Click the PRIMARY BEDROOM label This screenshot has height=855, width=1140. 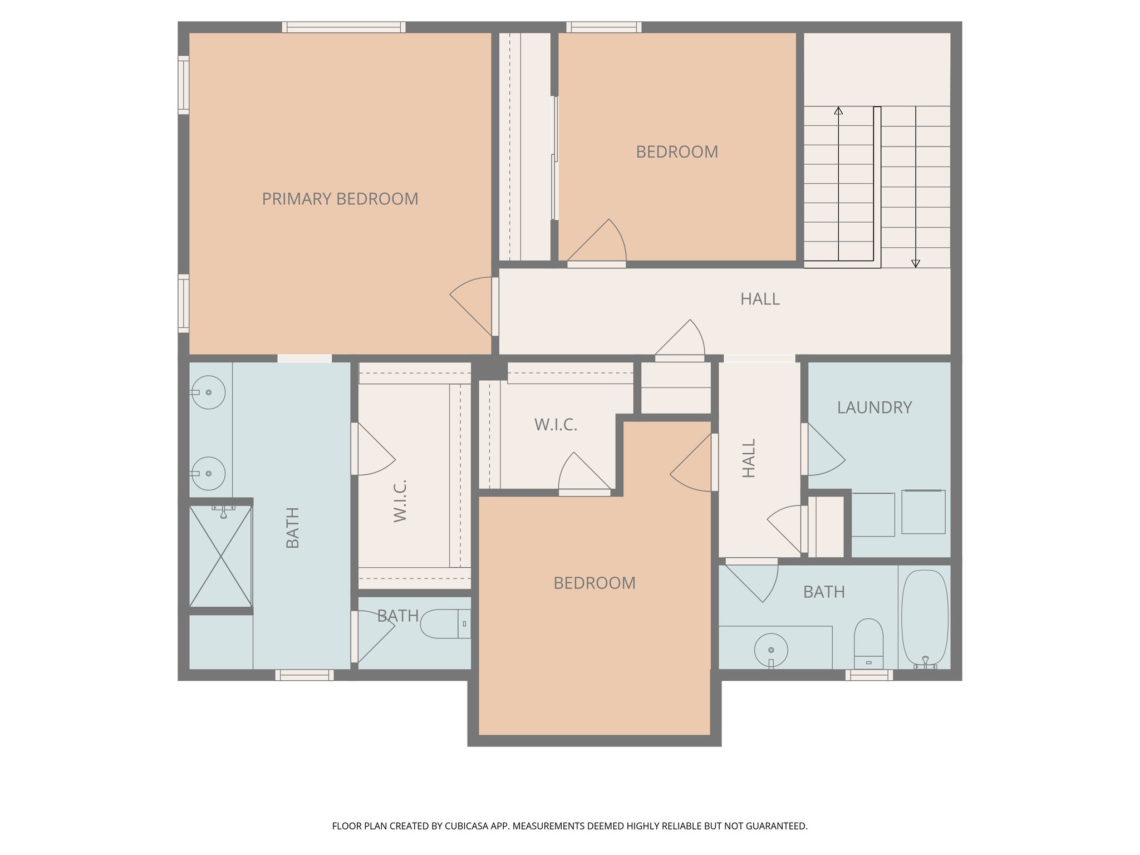340,199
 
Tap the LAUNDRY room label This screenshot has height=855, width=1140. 874,407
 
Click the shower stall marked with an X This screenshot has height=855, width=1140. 220,556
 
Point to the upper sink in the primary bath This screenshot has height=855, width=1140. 208,392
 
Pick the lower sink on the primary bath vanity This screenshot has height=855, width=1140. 208,473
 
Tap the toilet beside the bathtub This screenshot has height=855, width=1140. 868,643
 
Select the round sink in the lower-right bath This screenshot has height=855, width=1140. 771,650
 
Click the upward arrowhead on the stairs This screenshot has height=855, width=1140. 838,110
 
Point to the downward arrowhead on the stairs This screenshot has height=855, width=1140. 915,264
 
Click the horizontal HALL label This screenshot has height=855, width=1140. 760,299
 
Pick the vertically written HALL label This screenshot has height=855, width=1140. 749,458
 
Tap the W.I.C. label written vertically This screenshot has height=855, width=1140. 400,500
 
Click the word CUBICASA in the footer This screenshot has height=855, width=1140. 467,826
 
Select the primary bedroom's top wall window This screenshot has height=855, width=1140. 343,27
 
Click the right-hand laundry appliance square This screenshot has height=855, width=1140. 923,512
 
